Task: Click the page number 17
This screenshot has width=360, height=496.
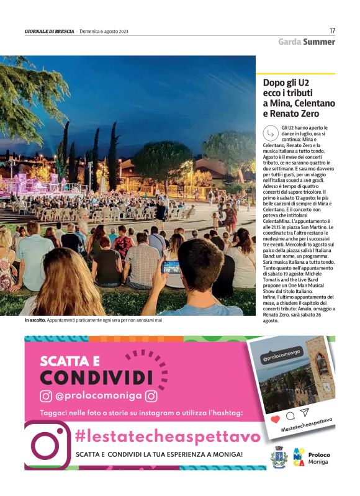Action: pos(332,30)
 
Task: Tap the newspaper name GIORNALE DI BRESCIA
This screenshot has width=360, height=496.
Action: pos(50,31)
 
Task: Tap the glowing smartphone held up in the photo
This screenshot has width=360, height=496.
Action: pos(171,267)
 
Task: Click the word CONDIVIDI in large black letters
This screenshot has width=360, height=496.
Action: pos(96,377)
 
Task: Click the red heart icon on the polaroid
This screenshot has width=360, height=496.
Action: pos(275,419)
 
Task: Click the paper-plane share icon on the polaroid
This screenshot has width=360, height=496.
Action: pos(304,412)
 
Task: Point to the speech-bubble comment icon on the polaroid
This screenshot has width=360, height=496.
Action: pos(290,415)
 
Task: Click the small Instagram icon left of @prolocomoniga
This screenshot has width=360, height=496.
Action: pos(46,395)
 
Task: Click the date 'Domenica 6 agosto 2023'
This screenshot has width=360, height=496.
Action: pos(104,31)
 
